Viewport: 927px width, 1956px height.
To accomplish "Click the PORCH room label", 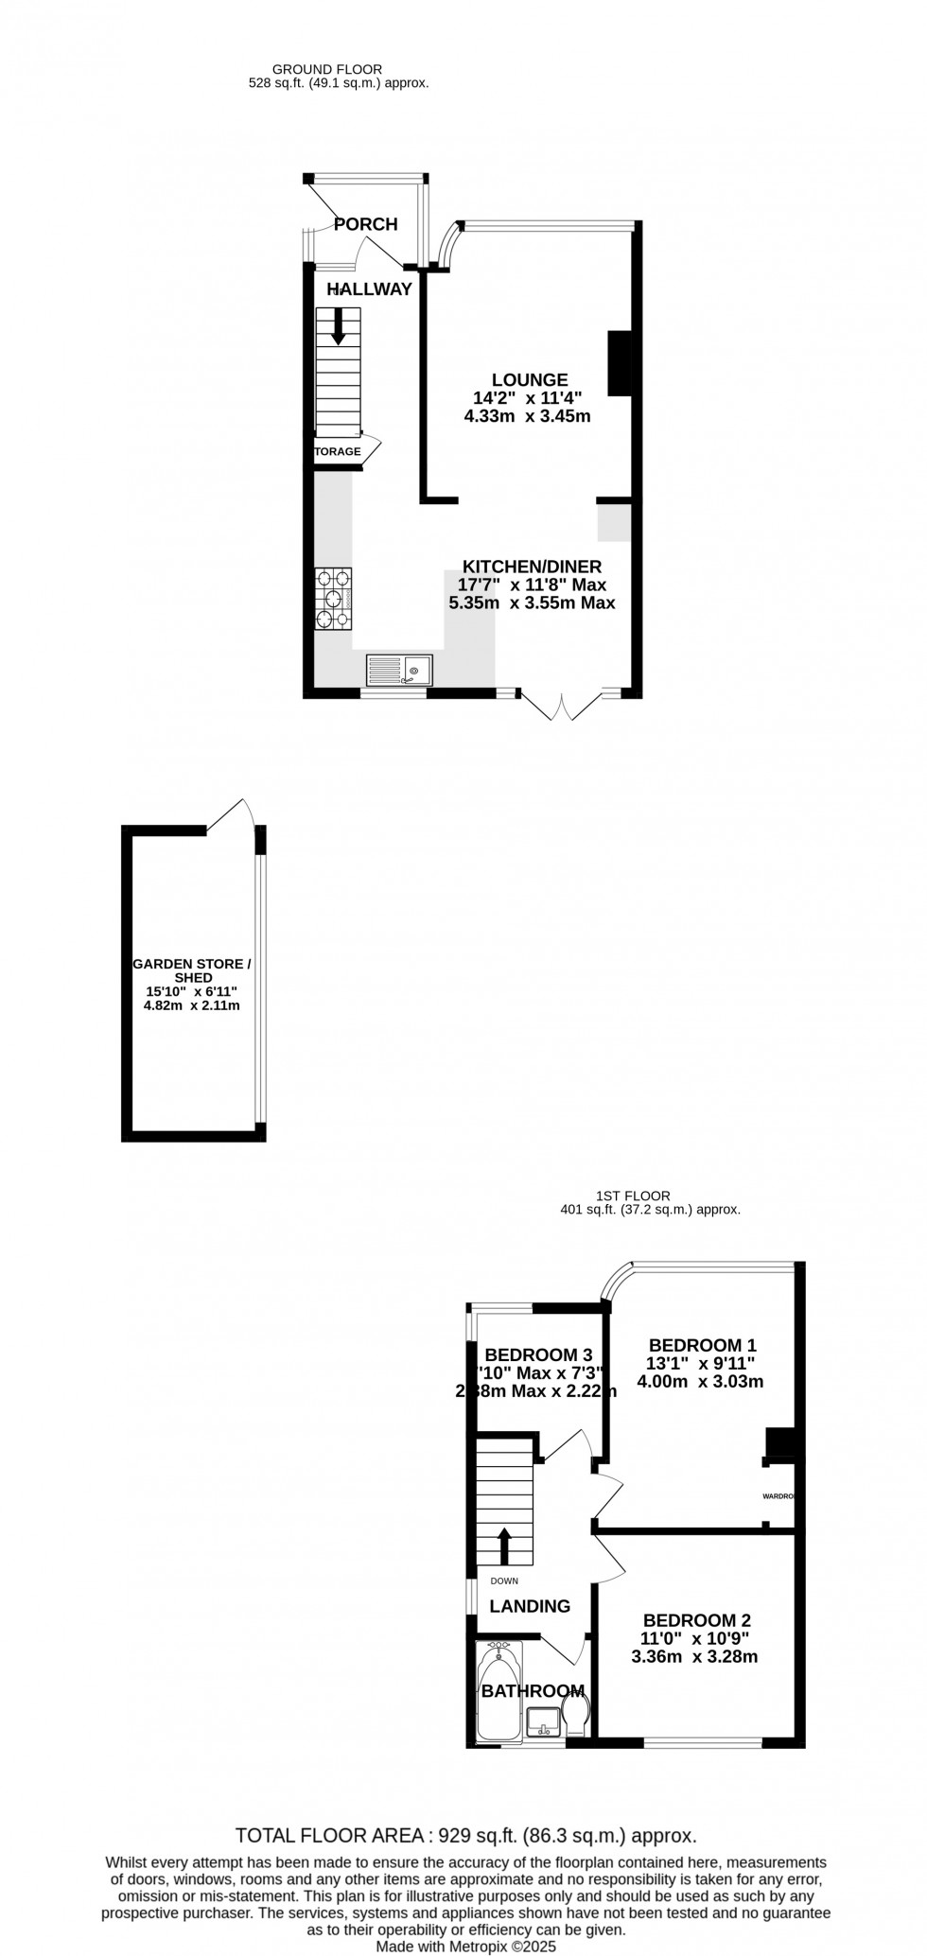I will pos(366,224).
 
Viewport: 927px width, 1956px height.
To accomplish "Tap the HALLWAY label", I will pos(370,288).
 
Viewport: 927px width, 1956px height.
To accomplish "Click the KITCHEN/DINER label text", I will pos(532,567).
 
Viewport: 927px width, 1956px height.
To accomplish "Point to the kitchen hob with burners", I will pos(334,599).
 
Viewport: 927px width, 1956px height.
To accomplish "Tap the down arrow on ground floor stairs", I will pos(338,325).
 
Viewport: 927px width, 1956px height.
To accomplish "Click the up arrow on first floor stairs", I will pos(504,1546).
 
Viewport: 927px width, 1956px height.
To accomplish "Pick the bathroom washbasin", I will pos(544,1722).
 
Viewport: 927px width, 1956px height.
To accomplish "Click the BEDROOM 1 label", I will pos(702,1344).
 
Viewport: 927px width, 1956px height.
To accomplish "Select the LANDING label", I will pos(530,1605).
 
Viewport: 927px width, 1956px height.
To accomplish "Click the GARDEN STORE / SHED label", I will pos(192,970).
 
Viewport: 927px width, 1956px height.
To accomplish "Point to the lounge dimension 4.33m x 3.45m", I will pos(527,416).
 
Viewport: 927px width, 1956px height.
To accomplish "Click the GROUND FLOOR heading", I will pos(327,69).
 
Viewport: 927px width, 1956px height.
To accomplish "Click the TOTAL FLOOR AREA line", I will pos(465,1836).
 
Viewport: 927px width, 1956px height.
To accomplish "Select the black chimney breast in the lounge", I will pos(620,362).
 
